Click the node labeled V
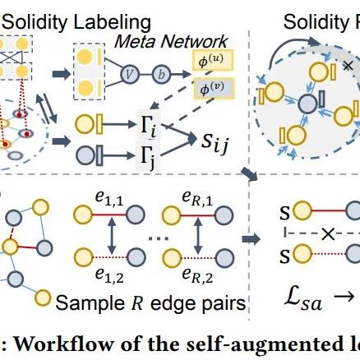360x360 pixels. click(130, 73)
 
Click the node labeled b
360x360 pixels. click(161, 74)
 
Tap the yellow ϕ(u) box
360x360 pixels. click(213, 60)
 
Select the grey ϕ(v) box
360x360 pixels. click(214, 88)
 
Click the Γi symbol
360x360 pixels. click(148, 127)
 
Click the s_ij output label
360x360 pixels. click(215, 142)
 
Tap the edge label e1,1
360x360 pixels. click(109, 199)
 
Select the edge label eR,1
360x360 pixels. click(197, 198)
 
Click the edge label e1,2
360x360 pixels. click(109, 275)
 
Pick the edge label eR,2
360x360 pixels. click(197, 275)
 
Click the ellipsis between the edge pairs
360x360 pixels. click(159, 238)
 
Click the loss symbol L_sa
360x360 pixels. click(302, 299)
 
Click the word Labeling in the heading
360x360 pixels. click(113, 23)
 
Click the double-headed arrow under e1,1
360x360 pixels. click(111, 236)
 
